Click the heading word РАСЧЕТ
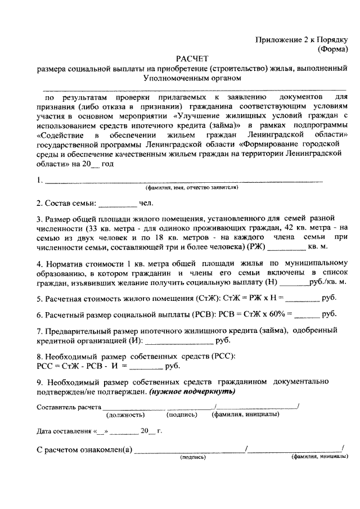pos(192,58)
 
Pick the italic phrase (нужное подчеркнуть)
pos(192,391)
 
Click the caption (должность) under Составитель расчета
pos(125,415)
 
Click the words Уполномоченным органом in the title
pos(192,78)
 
